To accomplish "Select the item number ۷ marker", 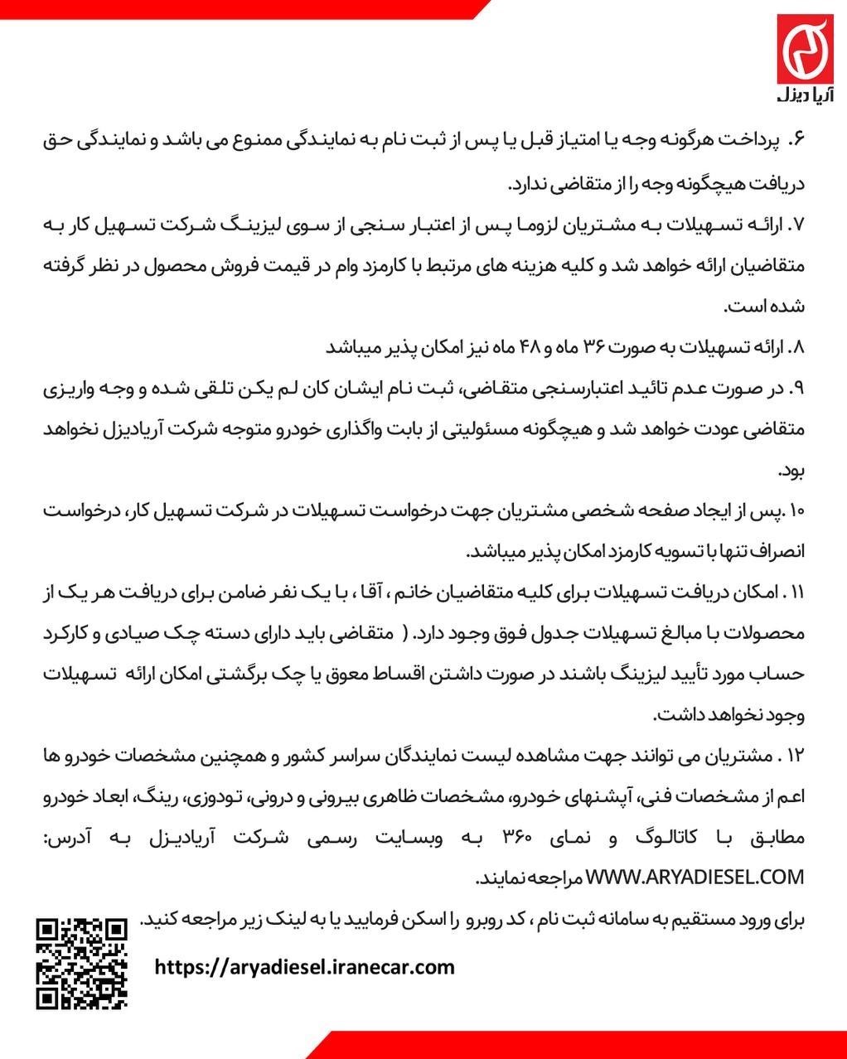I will (797, 224).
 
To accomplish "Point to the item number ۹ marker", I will (797, 388).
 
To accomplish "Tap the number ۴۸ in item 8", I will (522, 347).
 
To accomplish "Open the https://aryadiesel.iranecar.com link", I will (305, 966).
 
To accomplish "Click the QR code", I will (81, 963).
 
